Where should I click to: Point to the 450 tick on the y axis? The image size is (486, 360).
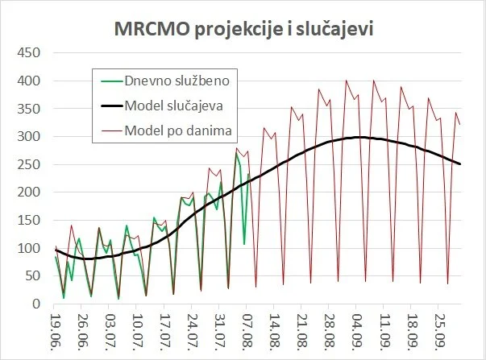pyautogui.click(x=29, y=54)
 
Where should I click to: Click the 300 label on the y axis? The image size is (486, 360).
pyautogui.click(x=29, y=137)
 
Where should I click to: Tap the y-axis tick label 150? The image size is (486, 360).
pyautogui.click(x=29, y=221)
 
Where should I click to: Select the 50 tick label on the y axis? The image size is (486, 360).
pyautogui.click(x=32, y=276)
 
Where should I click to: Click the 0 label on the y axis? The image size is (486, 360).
pyautogui.click(x=35, y=304)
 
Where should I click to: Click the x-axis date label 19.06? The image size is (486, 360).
pyautogui.click(x=55, y=330)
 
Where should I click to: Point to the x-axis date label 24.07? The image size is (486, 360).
pyautogui.click(x=192, y=330)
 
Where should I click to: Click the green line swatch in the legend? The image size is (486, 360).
pyautogui.click(x=110, y=81)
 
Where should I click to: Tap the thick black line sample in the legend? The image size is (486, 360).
pyautogui.click(x=110, y=105)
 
